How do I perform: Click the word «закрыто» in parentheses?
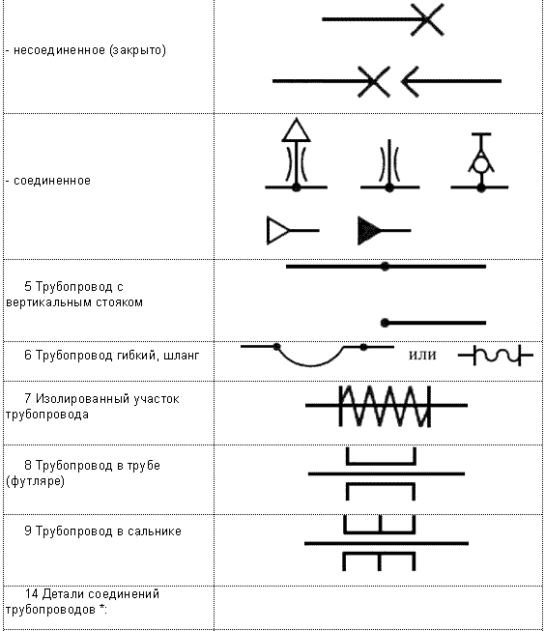pyautogui.click(x=137, y=50)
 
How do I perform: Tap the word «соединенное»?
pyautogui.click(x=52, y=181)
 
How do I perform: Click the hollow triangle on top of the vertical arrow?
pyautogui.click(x=297, y=130)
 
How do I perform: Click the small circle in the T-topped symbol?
pyautogui.click(x=480, y=165)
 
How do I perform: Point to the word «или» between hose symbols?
pyautogui.click(x=422, y=356)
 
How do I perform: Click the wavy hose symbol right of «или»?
pyautogui.click(x=496, y=356)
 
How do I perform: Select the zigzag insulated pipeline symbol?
pyautogui.click(x=386, y=406)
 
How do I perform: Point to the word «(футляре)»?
pyautogui.click(x=36, y=481)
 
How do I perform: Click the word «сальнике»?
pyautogui.click(x=155, y=531)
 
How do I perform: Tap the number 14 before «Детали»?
pyautogui.click(x=31, y=594)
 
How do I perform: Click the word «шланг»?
pyautogui.click(x=181, y=356)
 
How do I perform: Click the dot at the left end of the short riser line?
pyautogui.click(x=385, y=323)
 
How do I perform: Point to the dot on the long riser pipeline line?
pyautogui.click(x=386, y=267)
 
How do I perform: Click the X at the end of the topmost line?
pyautogui.click(x=427, y=19)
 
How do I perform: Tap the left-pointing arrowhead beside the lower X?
pyautogui.click(x=410, y=81)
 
